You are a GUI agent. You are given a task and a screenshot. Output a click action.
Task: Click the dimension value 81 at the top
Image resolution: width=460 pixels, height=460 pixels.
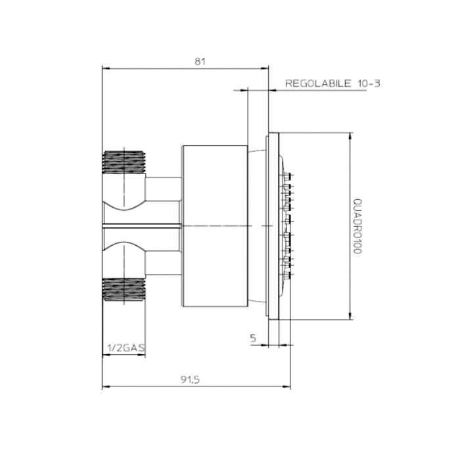coord(200,61)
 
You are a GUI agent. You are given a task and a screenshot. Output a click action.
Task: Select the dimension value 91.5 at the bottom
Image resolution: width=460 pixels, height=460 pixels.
coord(191,379)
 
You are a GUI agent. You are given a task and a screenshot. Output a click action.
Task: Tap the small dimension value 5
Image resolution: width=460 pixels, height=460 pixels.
coord(254,338)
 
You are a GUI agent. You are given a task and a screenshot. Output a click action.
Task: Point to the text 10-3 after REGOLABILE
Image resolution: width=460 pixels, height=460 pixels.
coord(368,83)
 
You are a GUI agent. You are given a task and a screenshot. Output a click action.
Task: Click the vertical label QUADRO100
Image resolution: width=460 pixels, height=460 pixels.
coord(357,227)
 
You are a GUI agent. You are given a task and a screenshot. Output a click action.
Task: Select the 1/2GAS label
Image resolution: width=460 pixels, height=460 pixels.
coord(125,346)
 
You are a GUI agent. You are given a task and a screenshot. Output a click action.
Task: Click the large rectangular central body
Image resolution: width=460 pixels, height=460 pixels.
coord(214,226)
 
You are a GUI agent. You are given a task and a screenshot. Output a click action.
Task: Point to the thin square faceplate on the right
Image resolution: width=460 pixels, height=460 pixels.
coord(273,227)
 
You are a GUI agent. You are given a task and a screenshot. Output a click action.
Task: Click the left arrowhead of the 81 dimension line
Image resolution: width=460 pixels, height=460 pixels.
coord(106,68)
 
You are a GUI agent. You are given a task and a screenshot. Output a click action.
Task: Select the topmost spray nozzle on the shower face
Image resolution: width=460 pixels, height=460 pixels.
coord(288,175)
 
